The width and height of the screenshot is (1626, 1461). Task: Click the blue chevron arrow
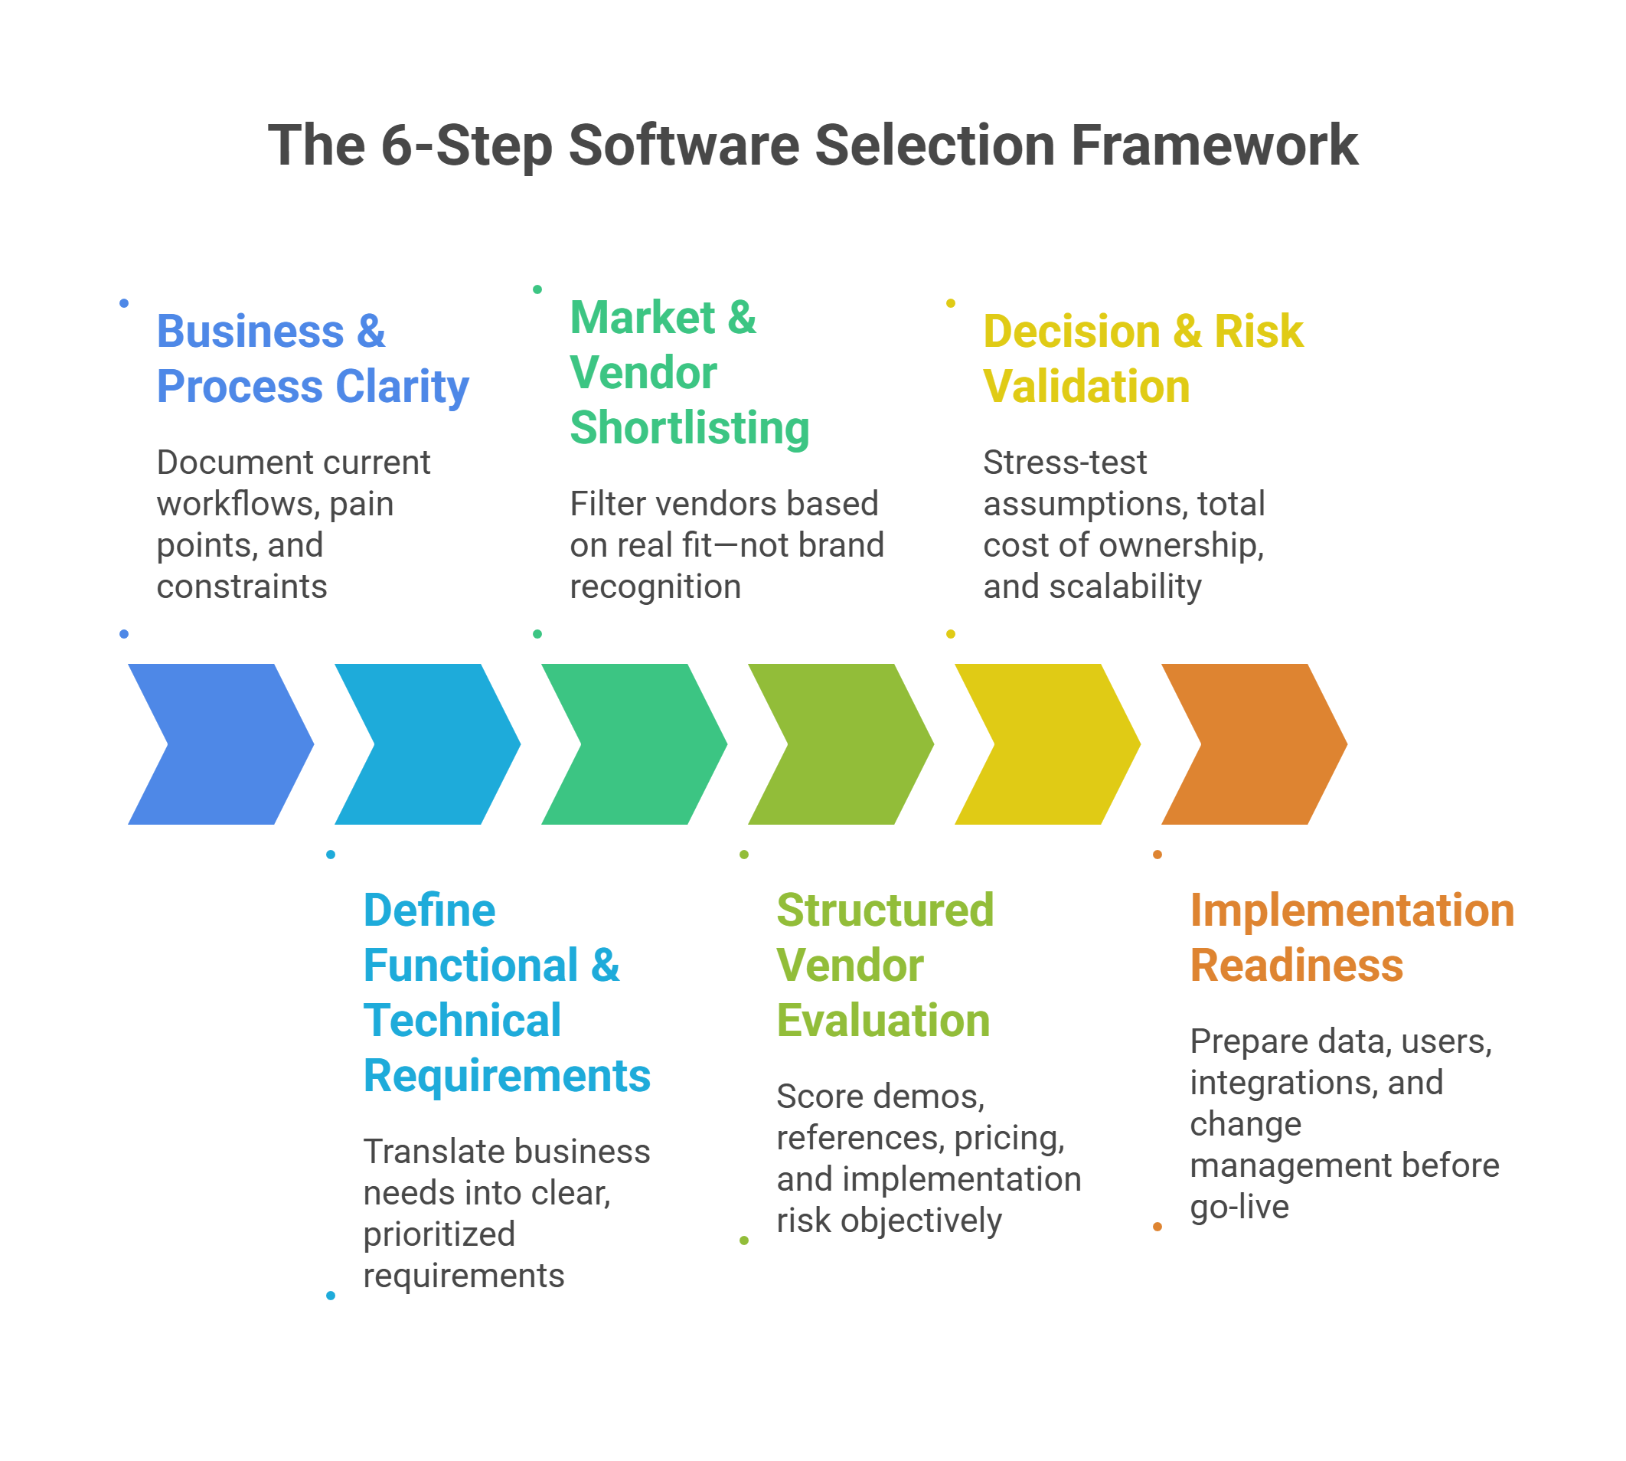tap(220, 744)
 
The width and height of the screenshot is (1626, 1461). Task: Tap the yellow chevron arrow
tap(1046, 744)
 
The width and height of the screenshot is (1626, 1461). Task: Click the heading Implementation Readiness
tap(1351, 937)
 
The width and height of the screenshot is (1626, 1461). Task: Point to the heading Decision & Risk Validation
tap(1143, 359)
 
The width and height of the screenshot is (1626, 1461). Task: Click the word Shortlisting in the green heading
tap(690, 428)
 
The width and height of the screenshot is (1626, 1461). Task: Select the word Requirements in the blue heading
tap(507, 1076)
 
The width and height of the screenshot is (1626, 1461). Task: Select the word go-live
tap(1239, 1207)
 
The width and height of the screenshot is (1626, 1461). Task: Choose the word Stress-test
tap(1065, 462)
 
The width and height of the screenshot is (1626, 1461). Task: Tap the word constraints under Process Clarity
tap(242, 587)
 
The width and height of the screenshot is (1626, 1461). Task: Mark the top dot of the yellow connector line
tap(950, 302)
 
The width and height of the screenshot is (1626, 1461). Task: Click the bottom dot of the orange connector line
tap(1157, 1227)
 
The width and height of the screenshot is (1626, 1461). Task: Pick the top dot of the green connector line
tap(537, 289)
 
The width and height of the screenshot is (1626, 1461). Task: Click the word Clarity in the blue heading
tap(402, 387)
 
